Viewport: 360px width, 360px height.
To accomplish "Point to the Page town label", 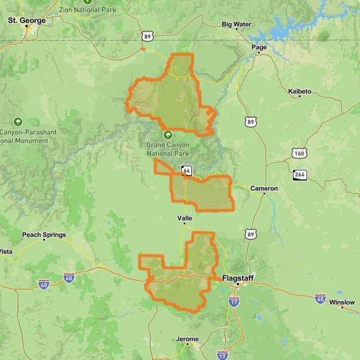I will click(259, 47).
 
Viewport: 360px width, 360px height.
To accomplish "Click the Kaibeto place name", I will click(300, 91).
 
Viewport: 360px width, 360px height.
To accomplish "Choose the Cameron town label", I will click(264, 188).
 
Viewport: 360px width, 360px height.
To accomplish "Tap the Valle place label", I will click(184, 218).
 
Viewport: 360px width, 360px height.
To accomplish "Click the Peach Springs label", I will click(44, 235).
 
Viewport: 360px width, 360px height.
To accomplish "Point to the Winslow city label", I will click(342, 302).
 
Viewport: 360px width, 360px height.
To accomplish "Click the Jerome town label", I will click(187, 339).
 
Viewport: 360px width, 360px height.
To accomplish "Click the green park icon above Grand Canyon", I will click(168, 135).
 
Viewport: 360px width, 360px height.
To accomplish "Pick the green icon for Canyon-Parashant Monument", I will click(18, 121).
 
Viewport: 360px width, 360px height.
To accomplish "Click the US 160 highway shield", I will click(299, 154).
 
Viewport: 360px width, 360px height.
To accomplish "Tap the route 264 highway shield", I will click(300, 175).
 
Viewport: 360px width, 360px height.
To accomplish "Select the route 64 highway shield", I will click(187, 171).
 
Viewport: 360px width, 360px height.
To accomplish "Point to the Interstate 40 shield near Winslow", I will click(320, 298).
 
